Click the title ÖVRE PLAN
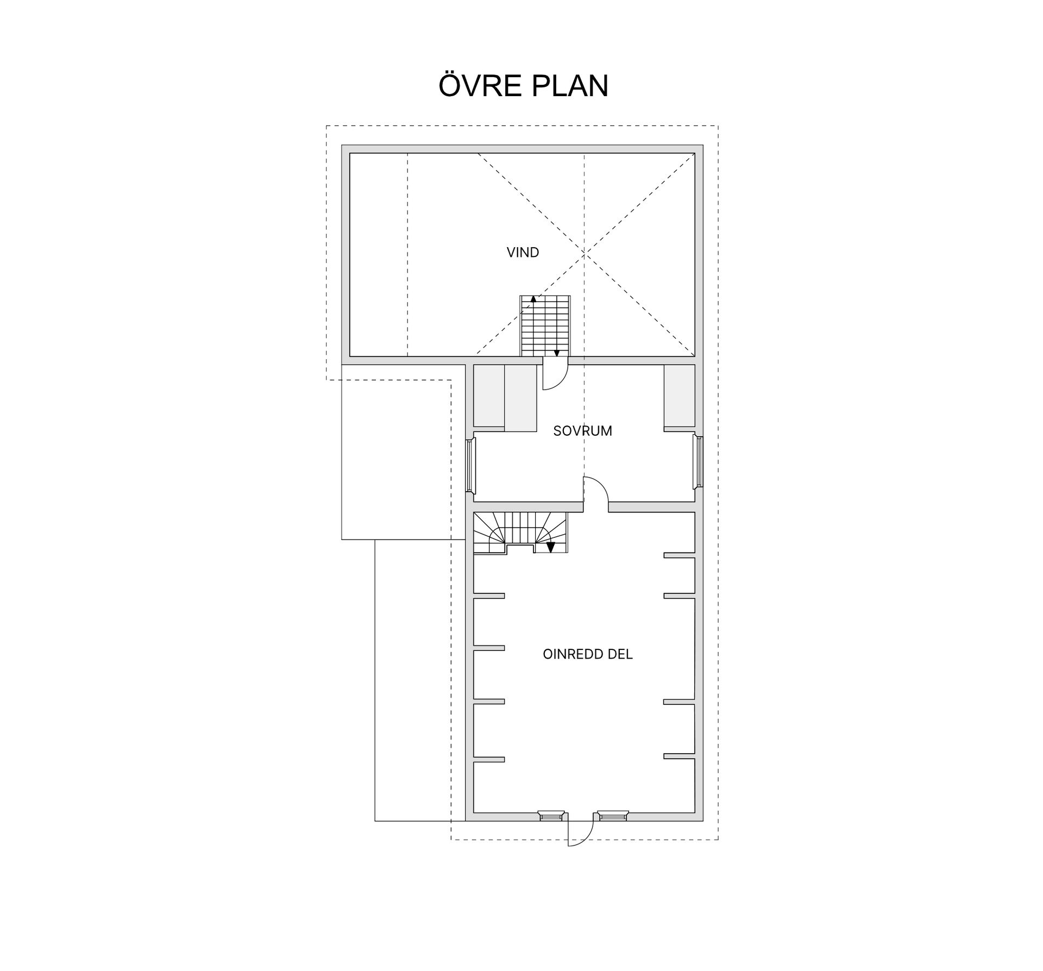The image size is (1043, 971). pyautogui.click(x=523, y=85)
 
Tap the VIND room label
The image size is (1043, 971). pyautogui.click(x=523, y=252)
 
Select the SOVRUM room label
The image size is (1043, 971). pyautogui.click(x=582, y=431)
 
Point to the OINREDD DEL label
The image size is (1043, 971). pyautogui.click(x=588, y=654)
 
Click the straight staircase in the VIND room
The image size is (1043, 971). pyautogui.click(x=545, y=326)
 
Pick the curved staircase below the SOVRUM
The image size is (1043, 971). pyautogui.click(x=520, y=533)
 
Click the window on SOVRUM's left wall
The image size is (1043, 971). pyautogui.click(x=470, y=465)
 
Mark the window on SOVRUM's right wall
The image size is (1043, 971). pyautogui.click(x=699, y=462)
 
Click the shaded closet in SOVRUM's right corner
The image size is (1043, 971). pyautogui.click(x=679, y=396)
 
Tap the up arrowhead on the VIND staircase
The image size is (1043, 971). pyautogui.click(x=533, y=298)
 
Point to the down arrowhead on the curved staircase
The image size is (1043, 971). pyautogui.click(x=550, y=548)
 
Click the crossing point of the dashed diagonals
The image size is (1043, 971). pyautogui.click(x=585, y=254)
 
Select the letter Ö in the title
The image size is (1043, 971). pyautogui.click(x=451, y=85)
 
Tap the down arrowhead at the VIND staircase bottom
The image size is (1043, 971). pyautogui.click(x=556, y=354)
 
